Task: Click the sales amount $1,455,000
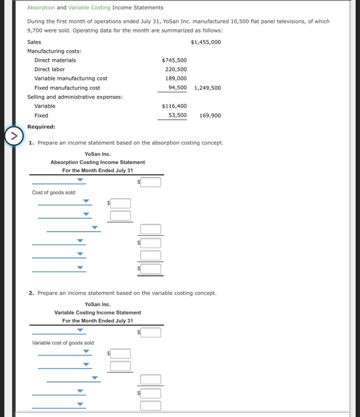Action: [206, 42]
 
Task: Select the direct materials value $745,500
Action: [174, 60]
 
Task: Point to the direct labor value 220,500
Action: [176, 69]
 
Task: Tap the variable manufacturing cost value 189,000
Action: [176, 78]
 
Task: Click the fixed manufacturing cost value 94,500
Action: [177, 88]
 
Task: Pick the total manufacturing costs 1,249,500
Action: [207, 88]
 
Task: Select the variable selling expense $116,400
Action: [174, 106]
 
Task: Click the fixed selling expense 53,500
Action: [177, 115]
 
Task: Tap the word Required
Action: [41, 126]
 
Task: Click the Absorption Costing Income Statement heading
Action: [98, 162]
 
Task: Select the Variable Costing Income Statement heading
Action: [98, 312]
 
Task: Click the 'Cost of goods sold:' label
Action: [54, 192]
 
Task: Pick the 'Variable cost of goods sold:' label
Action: [63, 343]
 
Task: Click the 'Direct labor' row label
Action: [49, 69]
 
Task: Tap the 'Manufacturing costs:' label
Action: [54, 51]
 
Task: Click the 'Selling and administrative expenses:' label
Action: [75, 97]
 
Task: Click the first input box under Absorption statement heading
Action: [151, 182]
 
